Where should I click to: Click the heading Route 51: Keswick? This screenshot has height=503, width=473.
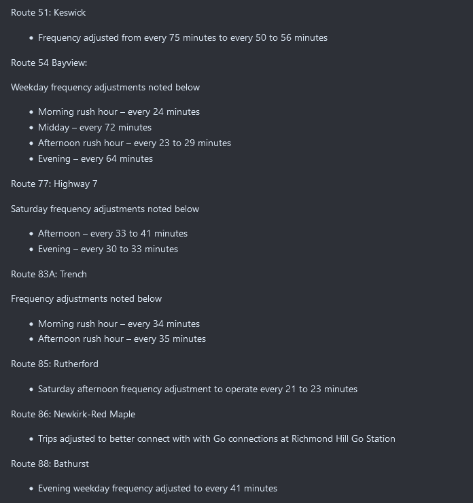(x=48, y=13)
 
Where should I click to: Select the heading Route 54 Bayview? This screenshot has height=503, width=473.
(x=49, y=63)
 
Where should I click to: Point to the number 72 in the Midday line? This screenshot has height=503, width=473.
(x=111, y=128)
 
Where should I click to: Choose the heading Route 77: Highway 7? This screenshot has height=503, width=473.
(x=54, y=184)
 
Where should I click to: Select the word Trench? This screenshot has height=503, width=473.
(x=73, y=275)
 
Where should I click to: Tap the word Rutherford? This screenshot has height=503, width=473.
(x=76, y=364)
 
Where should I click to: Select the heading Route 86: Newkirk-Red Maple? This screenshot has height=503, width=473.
(x=73, y=415)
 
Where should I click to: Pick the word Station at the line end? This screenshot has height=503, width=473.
(x=378, y=439)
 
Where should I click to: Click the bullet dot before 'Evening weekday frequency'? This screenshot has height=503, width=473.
(x=31, y=489)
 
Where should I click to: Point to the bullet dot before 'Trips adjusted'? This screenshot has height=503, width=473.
(x=31, y=439)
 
